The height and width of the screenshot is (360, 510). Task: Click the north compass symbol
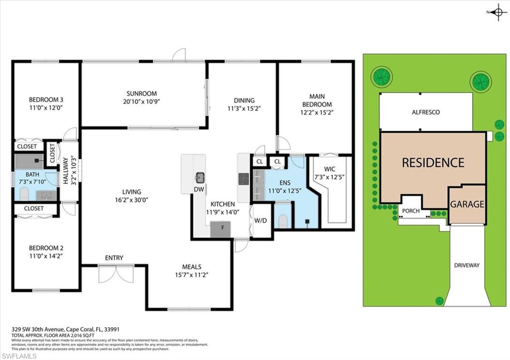497,12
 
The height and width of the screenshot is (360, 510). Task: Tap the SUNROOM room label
141,93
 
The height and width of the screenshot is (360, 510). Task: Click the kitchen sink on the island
200,177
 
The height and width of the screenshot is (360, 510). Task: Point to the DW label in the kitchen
198,189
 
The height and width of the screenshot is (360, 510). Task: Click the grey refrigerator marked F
220,230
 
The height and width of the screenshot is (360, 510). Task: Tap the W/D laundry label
260,220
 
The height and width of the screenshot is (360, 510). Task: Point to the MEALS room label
191,267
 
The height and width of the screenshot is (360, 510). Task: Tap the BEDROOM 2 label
45,248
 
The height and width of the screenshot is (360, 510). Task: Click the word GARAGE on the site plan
467,204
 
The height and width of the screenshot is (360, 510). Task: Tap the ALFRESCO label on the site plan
425,113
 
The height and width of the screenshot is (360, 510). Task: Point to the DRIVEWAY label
466,265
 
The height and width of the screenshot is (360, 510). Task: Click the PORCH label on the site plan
411,211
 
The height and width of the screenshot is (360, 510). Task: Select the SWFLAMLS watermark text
18,356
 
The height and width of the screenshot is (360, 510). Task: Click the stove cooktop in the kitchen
244,179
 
